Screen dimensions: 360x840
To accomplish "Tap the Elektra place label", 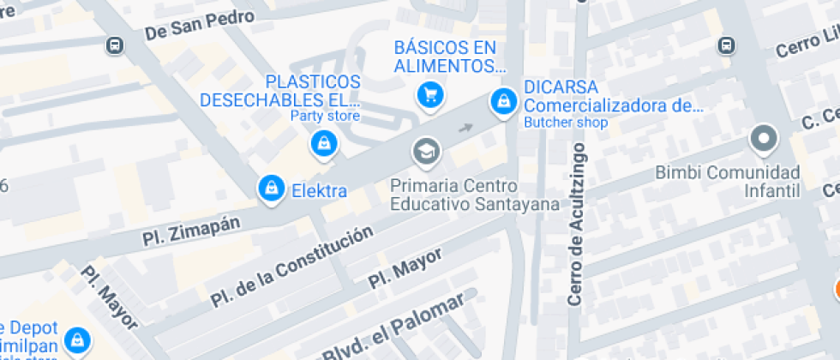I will pos(319,190).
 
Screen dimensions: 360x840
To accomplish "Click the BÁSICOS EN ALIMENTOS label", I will pos(446,57).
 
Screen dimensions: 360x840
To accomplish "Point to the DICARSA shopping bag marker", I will pos(502,101).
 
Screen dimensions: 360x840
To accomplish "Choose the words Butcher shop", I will pos(566,123).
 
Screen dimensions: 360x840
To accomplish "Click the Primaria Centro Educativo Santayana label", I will pos(474,195).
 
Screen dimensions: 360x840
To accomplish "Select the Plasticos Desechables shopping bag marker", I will pos(323,143).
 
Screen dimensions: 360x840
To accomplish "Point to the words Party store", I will pos(325,116).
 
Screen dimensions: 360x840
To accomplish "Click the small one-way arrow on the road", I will pos(465,129).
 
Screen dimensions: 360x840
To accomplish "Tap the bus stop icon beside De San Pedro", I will pos(114,45).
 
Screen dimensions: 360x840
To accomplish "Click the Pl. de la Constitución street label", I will pos(291,266).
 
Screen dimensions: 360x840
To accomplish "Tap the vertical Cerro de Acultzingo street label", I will pos(575,225).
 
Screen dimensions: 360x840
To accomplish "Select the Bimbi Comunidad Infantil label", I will pos(727,181).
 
